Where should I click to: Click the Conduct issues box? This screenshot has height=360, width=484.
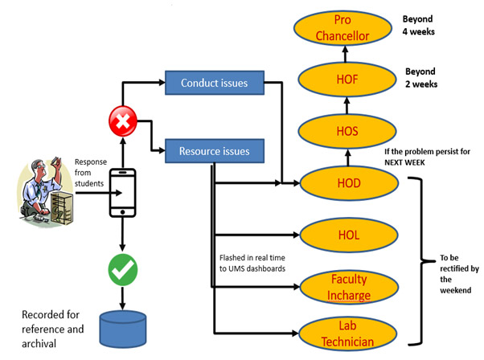point(214,82)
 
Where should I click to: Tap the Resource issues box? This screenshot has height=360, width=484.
point(214,149)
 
